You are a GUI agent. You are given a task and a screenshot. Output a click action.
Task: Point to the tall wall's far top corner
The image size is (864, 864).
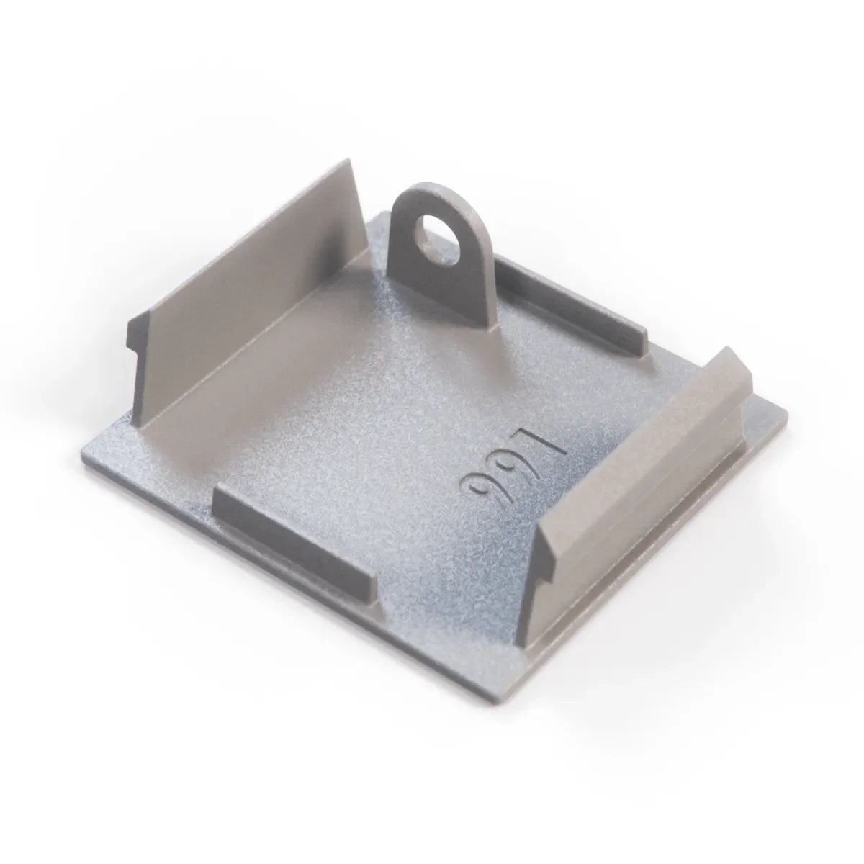coord(348,158)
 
